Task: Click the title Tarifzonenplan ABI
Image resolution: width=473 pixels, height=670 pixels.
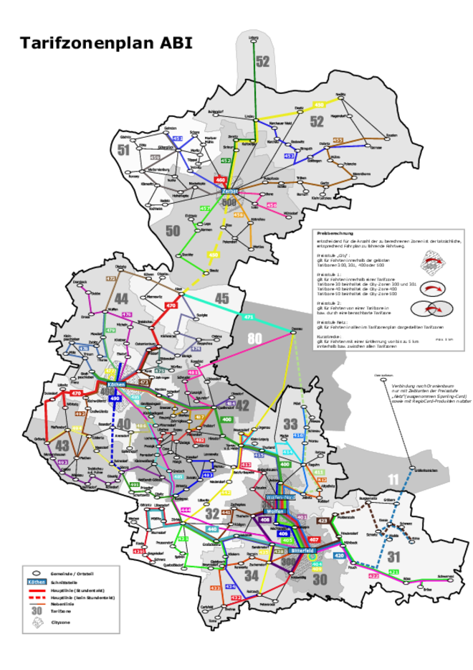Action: (x=105, y=43)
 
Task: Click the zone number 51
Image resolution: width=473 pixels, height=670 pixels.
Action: (x=124, y=149)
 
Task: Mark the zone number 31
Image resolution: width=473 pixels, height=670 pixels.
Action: (x=393, y=557)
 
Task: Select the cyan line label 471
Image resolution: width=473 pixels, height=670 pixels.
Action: (x=249, y=317)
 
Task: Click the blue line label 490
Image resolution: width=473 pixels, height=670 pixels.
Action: (x=115, y=398)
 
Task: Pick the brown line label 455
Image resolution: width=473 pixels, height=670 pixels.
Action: (x=338, y=140)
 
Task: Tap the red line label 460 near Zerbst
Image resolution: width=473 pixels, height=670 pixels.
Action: (x=221, y=179)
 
